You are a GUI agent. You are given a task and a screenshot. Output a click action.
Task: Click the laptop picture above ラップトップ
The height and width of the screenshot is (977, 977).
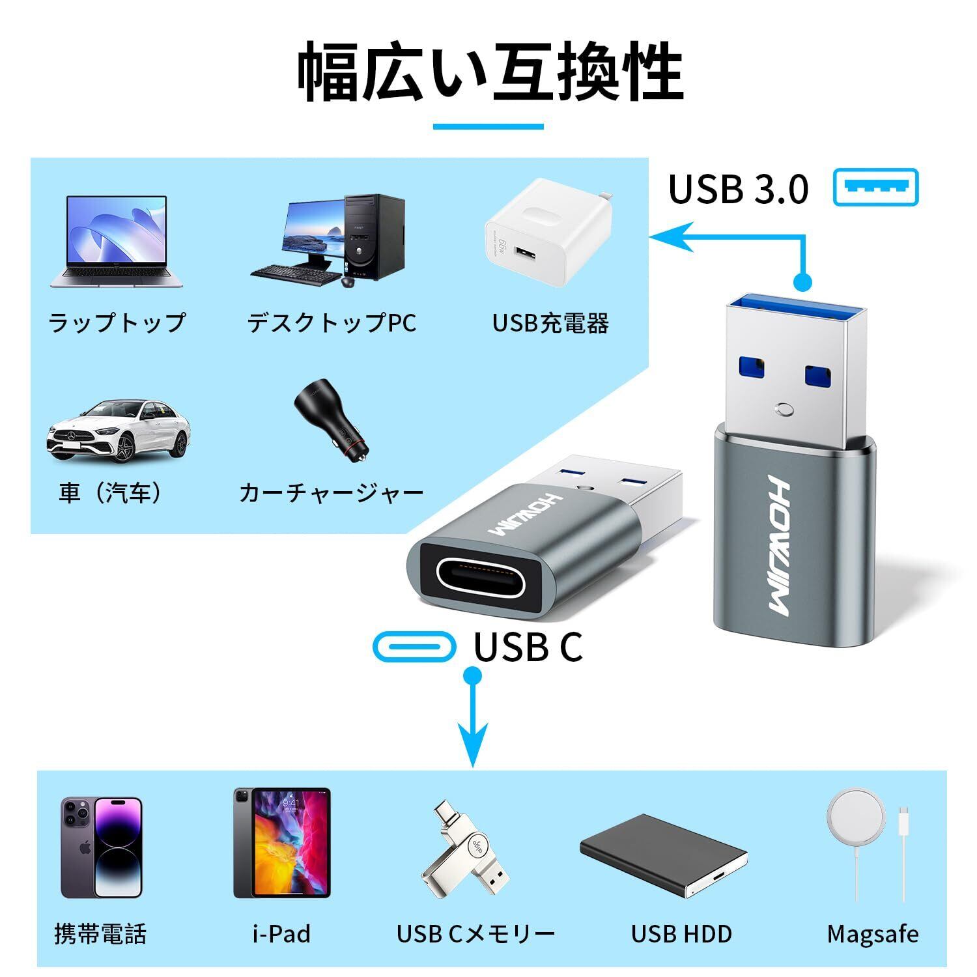116,241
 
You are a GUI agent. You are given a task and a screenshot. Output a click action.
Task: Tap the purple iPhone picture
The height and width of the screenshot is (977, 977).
101,847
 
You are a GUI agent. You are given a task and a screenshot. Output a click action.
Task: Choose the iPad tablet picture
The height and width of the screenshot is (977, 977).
282,843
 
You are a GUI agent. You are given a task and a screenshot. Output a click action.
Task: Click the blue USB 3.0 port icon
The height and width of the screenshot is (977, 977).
876,188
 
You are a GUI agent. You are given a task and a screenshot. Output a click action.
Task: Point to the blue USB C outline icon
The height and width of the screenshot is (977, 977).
414,646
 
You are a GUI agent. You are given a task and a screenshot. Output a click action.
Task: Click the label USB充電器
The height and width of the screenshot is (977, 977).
550,323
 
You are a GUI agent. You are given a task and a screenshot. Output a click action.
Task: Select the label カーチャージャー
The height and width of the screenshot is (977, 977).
332,493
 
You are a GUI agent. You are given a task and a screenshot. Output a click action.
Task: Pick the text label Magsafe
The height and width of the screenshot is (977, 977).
873,934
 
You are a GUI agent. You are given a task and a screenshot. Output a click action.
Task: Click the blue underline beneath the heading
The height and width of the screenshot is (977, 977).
488,126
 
